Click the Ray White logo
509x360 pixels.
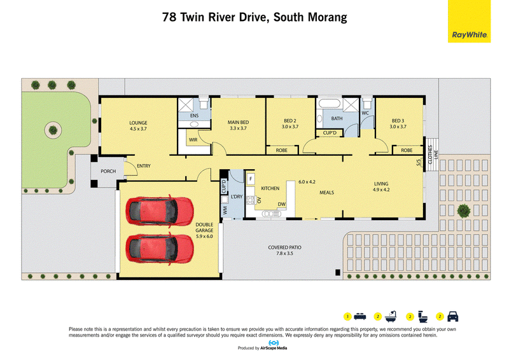click(469, 22)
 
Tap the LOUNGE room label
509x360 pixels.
click(138, 123)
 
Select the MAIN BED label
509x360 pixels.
click(238, 122)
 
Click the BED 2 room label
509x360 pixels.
click(290, 121)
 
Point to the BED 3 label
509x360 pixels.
click(398, 121)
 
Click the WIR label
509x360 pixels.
click(193, 140)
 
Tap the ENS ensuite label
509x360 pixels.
click(194, 116)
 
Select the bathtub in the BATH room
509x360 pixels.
click(330, 104)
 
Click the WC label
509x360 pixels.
click(365, 113)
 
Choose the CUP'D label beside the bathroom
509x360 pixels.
click(330, 133)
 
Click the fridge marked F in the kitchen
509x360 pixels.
click(251, 179)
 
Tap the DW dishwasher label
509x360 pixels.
click(282, 204)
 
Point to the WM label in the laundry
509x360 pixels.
click(225, 211)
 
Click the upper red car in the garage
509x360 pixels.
click(160, 211)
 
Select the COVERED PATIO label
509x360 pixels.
click(284, 247)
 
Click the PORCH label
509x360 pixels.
click(108, 171)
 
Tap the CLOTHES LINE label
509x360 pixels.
click(433, 154)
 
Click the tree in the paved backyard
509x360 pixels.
click(464, 211)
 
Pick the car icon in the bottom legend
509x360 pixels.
click(453, 317)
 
